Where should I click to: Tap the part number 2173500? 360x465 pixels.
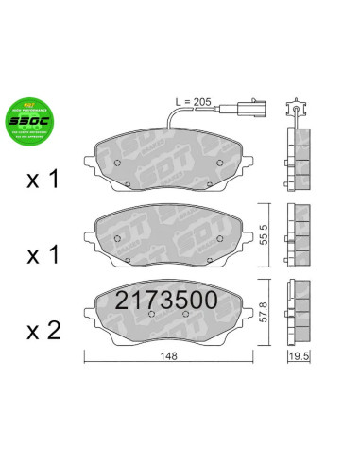pyautogui.click(x=166, y=301)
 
